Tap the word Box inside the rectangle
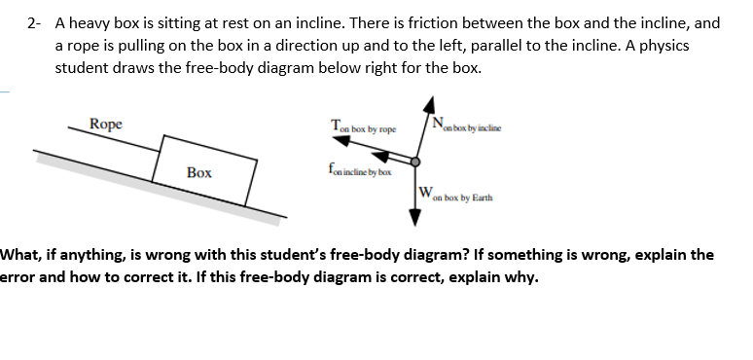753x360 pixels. point(199,172)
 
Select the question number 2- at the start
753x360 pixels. point(36,21)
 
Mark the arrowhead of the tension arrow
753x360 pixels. point(344,141)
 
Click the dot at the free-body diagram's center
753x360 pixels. point(415,162)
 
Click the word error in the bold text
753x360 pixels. point(19,275)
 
